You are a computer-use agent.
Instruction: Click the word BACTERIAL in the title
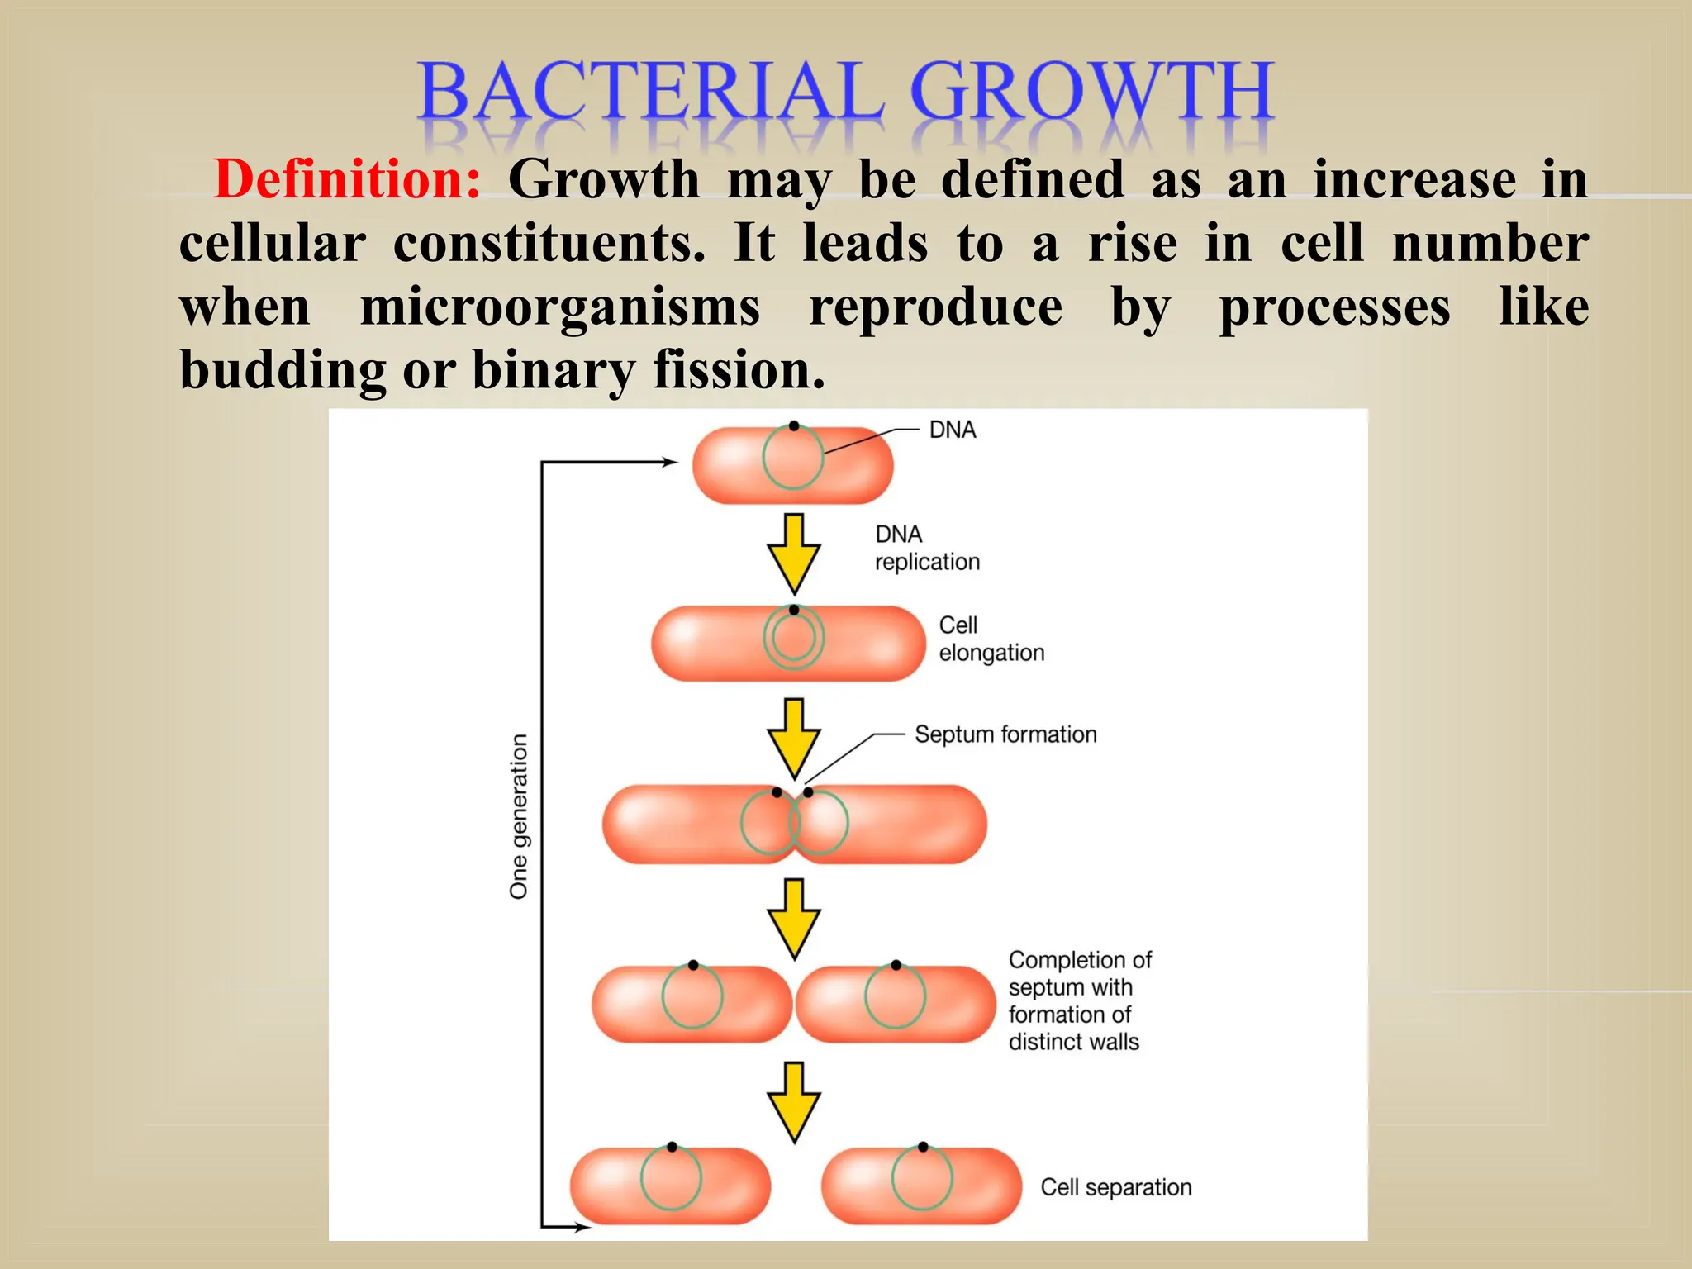(x=651, y=93)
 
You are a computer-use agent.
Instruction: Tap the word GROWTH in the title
(x=1091, y=93)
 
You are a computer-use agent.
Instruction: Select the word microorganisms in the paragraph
(x=559, y=307)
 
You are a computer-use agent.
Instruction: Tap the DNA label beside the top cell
(x=952, y=430)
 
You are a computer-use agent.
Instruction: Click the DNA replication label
(x=926, y=548)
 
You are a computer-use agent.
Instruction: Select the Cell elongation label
(x=991, y=639)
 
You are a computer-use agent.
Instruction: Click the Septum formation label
(x=1005, y=734)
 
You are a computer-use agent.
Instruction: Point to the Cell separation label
(x=1115, y=1187)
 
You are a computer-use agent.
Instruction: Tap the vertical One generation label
(x=519, y=816)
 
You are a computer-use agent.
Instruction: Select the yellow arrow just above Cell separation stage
(x=793, y=1102)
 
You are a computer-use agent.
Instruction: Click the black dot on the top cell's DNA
(x=793, y=426)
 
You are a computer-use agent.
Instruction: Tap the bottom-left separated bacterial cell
(x=670, y=1186)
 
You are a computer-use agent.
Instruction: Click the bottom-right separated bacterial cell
(x=921, y=1186)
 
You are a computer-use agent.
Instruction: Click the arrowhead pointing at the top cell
(x=669, y=463)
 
